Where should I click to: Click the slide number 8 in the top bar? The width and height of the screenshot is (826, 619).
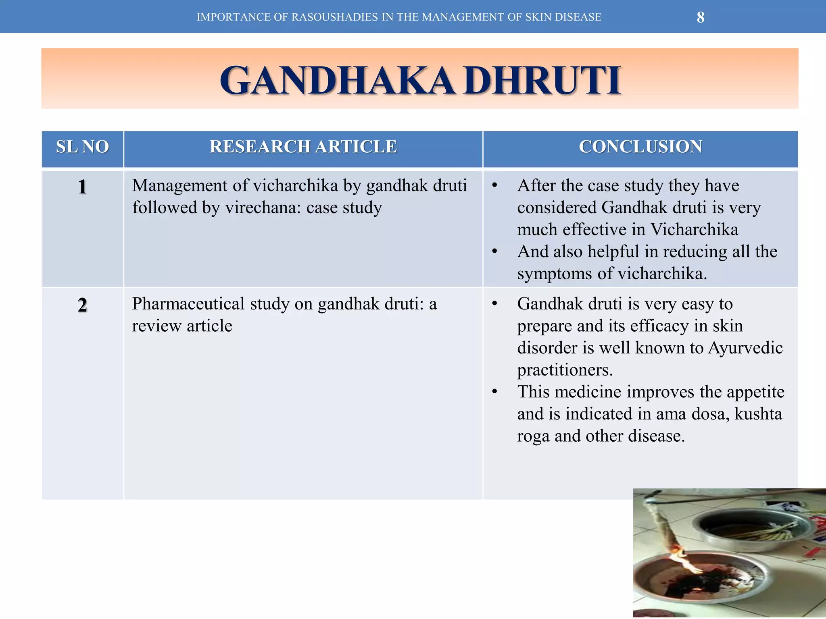[x=701, y=17]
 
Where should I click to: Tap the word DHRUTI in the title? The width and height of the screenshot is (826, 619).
[x=542, y=81]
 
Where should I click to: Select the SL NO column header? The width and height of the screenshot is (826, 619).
[x=82, y=147]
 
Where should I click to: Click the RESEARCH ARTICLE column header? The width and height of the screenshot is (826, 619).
[x=303, y=147]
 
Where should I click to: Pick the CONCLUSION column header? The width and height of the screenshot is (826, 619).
[x=640, y=147]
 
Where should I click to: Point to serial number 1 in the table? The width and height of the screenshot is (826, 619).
[x=82, y=187]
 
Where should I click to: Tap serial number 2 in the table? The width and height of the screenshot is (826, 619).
[x=82, y=305]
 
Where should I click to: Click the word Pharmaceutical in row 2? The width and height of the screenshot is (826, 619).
[x=188, y=304]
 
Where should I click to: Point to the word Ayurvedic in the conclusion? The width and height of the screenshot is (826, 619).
[x=745, y=348]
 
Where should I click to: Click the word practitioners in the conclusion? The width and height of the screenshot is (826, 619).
[x=565, y=370]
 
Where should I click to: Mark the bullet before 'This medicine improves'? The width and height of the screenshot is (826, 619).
[x=494, y=392]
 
